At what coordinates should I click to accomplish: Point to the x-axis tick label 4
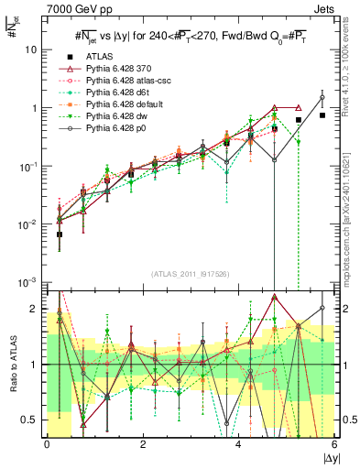click(239, 444)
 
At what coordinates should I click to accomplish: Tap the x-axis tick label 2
click(143, 444)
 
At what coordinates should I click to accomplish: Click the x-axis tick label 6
click(334, 444)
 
